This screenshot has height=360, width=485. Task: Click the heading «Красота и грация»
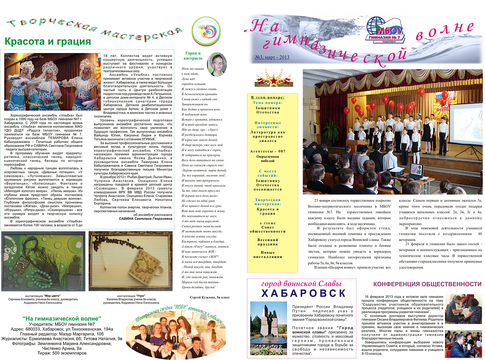click(x=48, y=42)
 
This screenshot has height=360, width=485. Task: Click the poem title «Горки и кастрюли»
click(x=193, y=56)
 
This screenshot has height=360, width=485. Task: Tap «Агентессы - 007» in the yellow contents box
click(x=268, y=151)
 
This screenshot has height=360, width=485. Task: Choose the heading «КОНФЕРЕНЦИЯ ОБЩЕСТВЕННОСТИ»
click(x=427, y=284)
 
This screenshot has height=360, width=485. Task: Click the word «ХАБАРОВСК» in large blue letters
click(x=304, y=293)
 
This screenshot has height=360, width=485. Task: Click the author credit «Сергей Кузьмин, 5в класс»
click(x=210, y=297)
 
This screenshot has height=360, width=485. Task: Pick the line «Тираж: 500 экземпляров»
click(x=62, y=353)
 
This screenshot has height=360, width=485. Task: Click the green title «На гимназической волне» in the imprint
click(x=62, y=319)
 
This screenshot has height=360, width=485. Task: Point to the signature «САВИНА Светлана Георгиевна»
click(x=145, y=219)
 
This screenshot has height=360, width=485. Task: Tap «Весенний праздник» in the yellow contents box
click(x=268, y=242)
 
